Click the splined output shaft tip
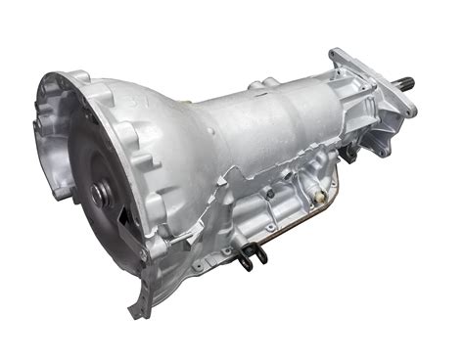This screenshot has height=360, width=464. [x=406, y=83]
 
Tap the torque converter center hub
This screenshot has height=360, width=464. [x=97, y=194]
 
